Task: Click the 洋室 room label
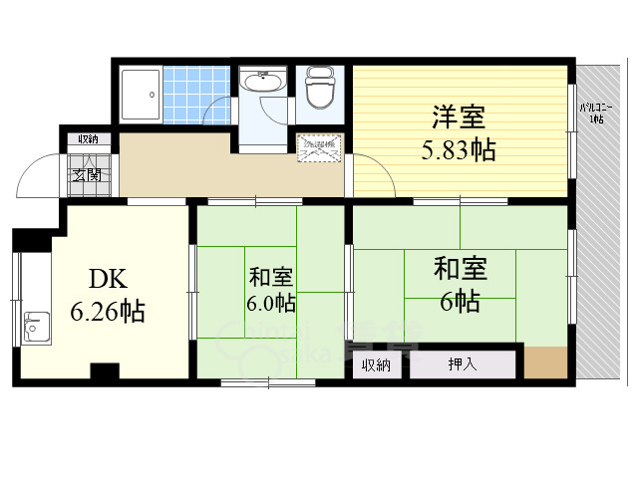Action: tap(459, 118)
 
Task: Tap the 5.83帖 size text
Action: tap(457, 150)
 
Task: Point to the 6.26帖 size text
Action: tap(107, 313)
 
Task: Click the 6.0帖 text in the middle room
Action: tap(271, 301)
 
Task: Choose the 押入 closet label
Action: tap(463, 364)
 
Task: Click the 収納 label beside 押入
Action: tap(377, 364)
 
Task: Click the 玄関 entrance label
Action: tap(85, 174)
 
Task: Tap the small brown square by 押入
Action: tap(542, 361)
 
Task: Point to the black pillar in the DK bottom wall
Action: tap(104, 372)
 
